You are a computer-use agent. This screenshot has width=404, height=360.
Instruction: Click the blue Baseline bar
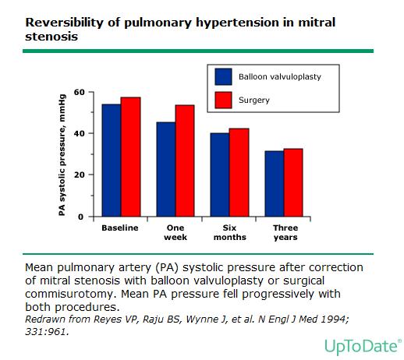pos(112,161)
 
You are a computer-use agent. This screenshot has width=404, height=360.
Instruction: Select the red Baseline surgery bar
pos(130,157)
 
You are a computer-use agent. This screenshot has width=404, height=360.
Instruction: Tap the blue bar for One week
pos(166,169)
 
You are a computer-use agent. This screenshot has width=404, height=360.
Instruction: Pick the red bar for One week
pos(185,161)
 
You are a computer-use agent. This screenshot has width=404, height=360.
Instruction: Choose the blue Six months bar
pos(220,175)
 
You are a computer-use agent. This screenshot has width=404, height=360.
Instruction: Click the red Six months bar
pos(239,172)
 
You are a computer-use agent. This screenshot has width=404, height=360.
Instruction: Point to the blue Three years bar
pos(275,184)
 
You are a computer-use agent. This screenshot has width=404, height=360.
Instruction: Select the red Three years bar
pos(293,182)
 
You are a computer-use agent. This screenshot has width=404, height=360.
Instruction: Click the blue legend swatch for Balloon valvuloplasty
pos(223,76)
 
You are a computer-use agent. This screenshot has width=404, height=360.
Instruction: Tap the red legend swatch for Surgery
pos(223,100)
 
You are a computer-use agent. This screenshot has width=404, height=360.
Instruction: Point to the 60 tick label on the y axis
pos(79,92)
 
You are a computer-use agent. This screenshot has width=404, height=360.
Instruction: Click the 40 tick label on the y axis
pos(79,133)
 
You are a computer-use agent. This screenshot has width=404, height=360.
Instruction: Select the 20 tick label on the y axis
pos(79,175)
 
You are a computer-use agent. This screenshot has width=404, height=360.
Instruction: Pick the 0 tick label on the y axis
pos(81,217)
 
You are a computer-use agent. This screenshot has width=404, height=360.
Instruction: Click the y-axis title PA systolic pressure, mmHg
pos(62,155)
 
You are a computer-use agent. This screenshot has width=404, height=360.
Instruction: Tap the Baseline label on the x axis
pos(120,228)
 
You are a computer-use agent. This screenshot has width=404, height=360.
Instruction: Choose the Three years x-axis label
pos(285,232)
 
